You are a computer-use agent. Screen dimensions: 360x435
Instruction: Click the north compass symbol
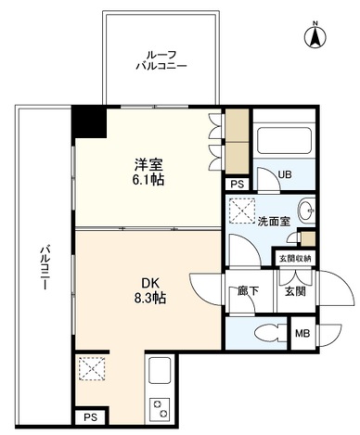315,36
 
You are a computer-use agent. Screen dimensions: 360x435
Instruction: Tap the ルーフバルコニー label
161,60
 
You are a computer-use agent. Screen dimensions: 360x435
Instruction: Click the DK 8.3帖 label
150,290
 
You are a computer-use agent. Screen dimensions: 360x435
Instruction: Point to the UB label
285,174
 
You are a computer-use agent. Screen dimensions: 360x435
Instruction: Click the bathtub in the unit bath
284,140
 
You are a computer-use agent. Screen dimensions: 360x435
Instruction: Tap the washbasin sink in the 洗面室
306,211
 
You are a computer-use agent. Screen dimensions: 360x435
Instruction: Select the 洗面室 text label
274,222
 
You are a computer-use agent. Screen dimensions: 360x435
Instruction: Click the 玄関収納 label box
295,259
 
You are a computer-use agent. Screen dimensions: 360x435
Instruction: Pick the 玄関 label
295,291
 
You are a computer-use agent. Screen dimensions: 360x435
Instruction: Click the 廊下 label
248,291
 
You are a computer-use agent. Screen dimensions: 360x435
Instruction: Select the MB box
302,333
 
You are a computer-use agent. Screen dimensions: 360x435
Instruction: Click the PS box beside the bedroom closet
238,185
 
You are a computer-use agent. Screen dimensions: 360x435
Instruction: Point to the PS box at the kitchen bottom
91,417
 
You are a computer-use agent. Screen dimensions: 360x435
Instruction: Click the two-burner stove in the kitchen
160,409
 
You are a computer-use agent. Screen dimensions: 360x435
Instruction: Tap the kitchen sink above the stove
160,371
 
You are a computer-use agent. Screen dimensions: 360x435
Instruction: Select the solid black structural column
89,122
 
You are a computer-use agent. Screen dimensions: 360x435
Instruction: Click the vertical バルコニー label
45,267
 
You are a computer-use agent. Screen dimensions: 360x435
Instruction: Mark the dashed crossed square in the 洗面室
242,211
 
